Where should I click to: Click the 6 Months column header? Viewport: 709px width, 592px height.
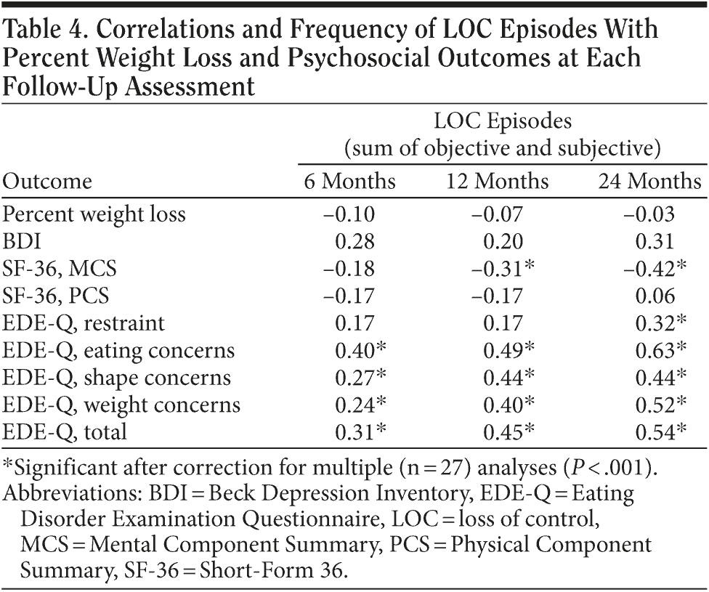(349, 181)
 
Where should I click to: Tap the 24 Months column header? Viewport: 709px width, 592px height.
(649, 181)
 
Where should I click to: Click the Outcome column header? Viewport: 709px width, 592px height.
(48, 181)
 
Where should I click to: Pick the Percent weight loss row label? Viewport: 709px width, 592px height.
(94, 215)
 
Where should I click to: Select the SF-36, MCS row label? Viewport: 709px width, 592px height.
(60, 269)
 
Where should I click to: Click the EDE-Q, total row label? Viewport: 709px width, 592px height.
(65, 432)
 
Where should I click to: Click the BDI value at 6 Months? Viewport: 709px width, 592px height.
(354, 242)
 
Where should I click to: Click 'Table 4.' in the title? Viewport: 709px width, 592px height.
(45, 30)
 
